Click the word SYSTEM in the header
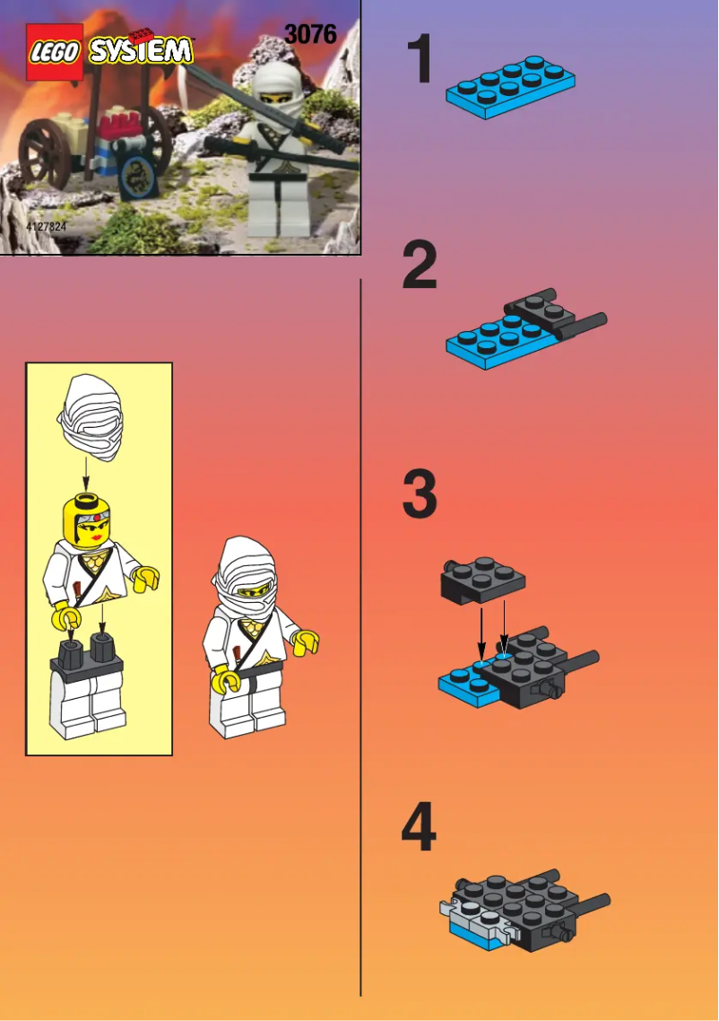140,49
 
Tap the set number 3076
310,34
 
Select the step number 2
420,266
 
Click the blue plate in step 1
510,88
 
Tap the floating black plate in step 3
482,580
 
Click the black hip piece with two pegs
86,660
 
